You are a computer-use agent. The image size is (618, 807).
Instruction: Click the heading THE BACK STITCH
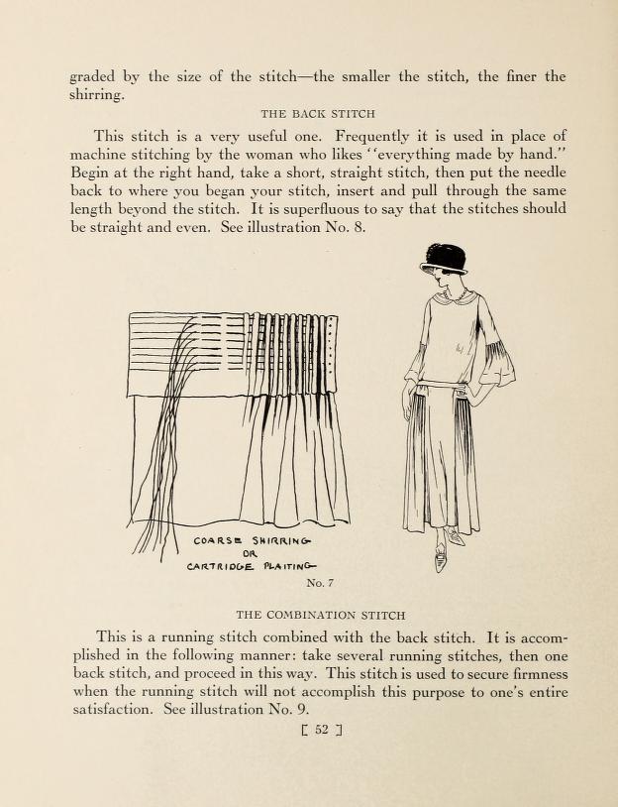317,114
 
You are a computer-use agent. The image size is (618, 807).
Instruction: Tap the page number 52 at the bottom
320,734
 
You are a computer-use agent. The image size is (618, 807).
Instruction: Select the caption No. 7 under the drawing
322,582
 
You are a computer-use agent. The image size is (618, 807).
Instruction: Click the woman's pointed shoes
446,545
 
